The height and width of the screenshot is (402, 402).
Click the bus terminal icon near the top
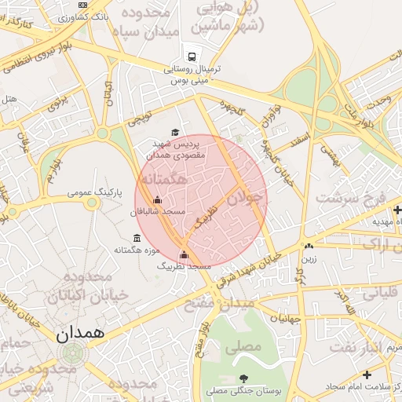click(192, 56)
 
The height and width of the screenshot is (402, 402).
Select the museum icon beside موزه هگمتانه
click(137, 239)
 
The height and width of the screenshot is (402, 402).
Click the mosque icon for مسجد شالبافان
click(157, 200)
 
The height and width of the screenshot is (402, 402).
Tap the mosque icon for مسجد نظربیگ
click(185, 254)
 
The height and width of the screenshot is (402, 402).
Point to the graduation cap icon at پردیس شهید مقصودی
click(175, 133)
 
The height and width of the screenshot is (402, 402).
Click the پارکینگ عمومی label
click(93, 192)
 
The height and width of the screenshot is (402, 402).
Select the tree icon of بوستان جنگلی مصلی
click(243, 378)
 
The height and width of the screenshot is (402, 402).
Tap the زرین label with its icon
click(309, 254)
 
